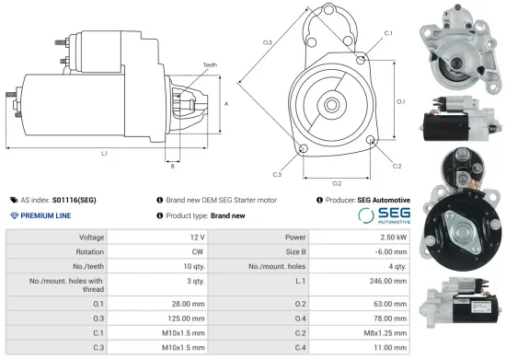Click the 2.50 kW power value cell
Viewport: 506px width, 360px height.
click(x=387, y=237)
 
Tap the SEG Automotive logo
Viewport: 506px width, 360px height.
click(x=381, y=215)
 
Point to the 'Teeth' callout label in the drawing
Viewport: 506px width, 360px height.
click(x=211, y=64)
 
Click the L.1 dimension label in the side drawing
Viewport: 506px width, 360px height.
click(x=104, y=153)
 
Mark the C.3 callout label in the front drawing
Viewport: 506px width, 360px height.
click(x=277, y=173)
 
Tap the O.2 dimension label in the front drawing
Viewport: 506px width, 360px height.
click(x=337, y=183)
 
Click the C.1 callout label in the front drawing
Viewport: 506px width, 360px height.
click(x=387, y=33)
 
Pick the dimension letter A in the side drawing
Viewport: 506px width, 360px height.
click(x=226, y=103)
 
